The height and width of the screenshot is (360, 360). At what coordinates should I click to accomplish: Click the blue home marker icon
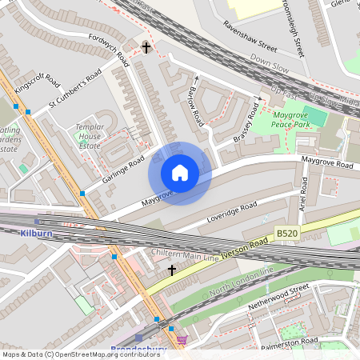point(180,173)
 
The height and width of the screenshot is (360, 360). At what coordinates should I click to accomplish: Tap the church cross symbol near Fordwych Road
point(146,47)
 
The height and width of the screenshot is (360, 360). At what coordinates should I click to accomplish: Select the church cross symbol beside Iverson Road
point(171,270)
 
